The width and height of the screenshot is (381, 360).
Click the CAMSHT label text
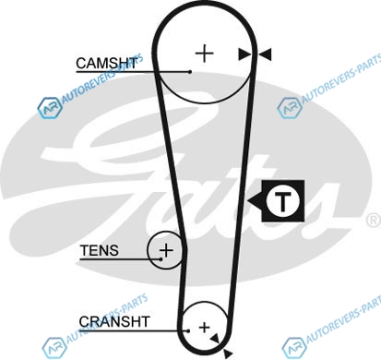point(106,64)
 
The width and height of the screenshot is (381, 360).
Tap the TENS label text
point(100,250)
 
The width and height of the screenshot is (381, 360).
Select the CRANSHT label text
point(114,322)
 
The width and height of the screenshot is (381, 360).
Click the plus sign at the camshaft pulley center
point(205,54)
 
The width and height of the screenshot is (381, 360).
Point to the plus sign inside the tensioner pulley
point(166,250)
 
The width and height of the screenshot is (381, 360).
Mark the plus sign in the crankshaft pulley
point(204,328)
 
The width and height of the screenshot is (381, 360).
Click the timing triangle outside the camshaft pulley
point(265,54)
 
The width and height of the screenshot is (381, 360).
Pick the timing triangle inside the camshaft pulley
point(244,54)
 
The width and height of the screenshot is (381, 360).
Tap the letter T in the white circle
point(283,201)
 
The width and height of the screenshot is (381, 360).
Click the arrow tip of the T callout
point(248,201)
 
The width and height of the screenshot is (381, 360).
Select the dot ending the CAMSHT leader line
point(190,72)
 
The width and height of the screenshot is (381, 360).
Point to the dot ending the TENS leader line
point(161,259)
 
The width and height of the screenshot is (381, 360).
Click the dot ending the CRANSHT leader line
point(188,331)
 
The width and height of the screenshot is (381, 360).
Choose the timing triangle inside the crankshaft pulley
point(215,339)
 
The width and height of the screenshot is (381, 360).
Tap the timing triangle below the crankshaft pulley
point(228,354)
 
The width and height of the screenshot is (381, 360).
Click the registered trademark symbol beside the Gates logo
point(375,221)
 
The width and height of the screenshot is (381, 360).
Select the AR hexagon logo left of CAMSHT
point(50,108)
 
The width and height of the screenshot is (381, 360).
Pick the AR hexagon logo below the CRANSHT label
point(54,348)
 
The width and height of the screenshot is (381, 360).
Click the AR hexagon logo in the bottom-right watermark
point(294,348)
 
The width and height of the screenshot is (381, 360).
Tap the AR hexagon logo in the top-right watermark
point(290,108)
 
